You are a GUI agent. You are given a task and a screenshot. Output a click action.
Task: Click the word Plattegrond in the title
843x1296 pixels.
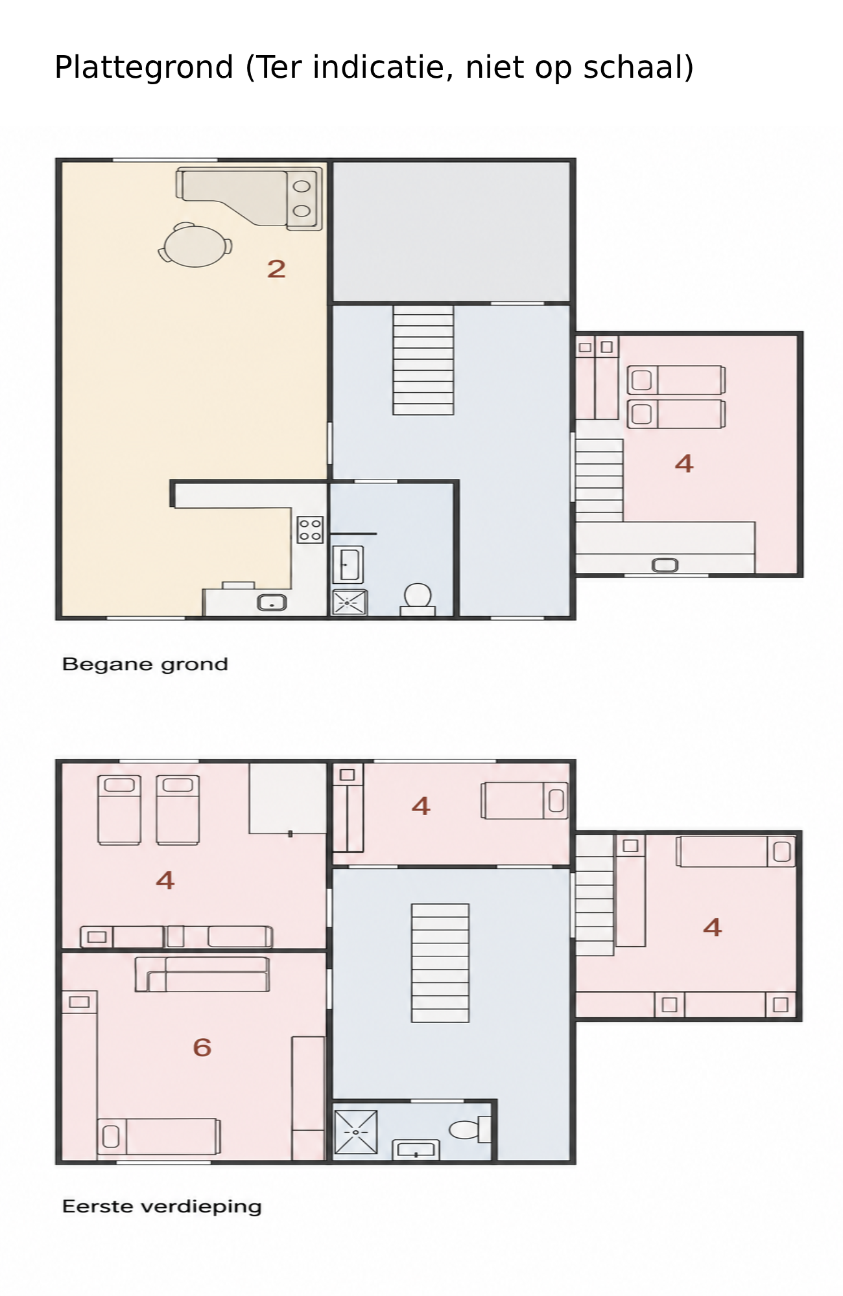144,67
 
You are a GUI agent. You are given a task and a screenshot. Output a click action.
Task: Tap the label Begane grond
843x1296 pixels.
145,665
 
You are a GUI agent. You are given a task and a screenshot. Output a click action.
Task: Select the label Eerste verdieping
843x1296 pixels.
162,1207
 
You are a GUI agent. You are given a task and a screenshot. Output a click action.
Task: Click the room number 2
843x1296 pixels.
276,268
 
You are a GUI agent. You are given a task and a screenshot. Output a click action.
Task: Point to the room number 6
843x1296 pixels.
202,1047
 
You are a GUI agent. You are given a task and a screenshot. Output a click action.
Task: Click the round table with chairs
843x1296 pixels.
195,245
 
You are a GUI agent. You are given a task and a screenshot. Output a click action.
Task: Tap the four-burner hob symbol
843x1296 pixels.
310,529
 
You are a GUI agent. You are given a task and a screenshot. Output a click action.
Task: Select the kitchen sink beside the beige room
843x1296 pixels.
272,603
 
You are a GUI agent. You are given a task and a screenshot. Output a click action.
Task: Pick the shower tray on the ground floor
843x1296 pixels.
350,603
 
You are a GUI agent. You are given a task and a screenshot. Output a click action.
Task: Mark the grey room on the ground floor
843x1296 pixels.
451,231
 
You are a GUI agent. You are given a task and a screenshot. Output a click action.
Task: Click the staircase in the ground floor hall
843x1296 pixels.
423,360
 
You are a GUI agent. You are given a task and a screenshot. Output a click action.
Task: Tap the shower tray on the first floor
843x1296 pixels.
355,1132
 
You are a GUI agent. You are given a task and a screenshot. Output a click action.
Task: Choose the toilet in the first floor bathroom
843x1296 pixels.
470,1129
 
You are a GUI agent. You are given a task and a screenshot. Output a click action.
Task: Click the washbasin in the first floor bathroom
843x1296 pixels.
416,1150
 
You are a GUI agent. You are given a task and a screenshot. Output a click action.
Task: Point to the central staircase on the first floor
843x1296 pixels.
440,963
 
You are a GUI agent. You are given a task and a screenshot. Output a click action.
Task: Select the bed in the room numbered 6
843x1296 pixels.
159,1136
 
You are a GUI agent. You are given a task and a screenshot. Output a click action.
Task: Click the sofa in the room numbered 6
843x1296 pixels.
202,974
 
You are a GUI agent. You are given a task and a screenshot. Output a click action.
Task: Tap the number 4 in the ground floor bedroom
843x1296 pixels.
684,463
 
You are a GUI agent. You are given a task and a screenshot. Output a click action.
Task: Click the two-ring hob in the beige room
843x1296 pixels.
302,198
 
